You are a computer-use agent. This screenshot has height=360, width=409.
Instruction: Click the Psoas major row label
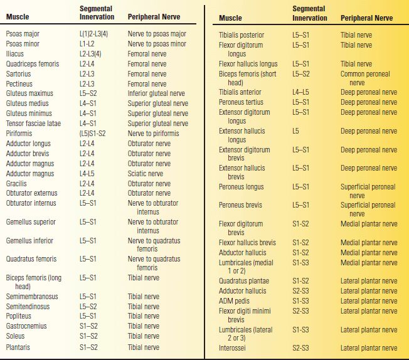click(23, 34)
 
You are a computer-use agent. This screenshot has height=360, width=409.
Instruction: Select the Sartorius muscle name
click(19, 74)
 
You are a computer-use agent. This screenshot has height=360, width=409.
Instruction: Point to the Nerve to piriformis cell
click(153, 134)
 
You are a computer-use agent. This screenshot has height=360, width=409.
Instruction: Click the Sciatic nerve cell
click(146, 174)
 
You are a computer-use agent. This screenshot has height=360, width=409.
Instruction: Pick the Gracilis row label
click(17, 184)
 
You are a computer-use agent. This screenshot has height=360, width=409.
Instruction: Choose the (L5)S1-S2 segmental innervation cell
click(93, 134)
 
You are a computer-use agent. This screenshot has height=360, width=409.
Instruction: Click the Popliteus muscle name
click(19, 316)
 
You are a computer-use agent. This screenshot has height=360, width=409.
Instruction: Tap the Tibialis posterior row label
click(242, 35)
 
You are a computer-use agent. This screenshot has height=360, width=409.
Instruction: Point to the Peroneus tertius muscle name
click(242, 102)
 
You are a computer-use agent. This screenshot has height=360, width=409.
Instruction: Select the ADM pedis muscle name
click(235, 301)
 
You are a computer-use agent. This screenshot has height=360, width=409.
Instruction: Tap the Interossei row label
click(232, 347)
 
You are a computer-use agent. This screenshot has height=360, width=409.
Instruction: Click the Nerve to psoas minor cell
click(157, 44)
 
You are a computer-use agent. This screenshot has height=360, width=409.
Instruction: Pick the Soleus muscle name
click(16, 336)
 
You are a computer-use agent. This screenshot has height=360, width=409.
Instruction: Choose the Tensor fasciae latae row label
click(33, 124)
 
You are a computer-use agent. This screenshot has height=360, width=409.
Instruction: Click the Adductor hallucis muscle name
click(242, 291)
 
